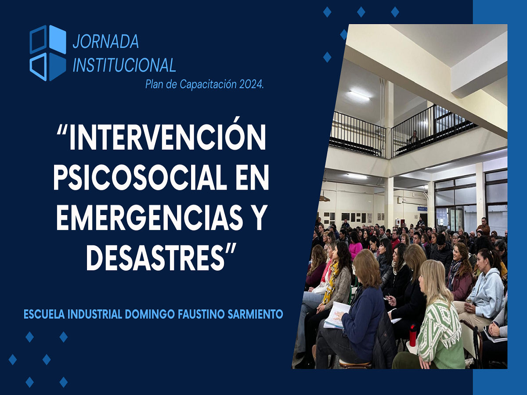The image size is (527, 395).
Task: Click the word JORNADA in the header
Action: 106,42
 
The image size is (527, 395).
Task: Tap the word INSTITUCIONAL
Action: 124,65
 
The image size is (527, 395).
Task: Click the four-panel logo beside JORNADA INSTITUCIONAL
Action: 48,53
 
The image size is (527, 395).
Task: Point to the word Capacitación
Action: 208,85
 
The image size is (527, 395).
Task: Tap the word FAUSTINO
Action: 201,314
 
